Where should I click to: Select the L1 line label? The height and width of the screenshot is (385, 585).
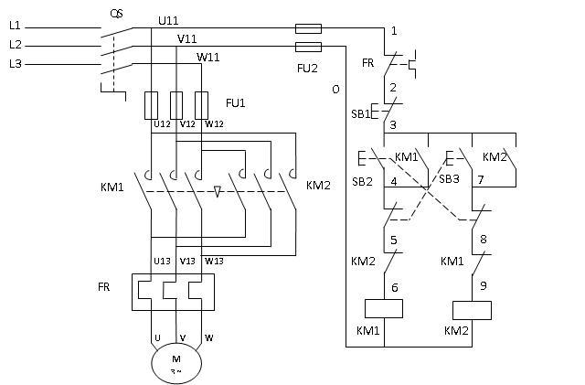pyautogui.click(x=15, y=27)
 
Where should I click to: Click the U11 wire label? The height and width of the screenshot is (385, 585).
pyautogui.click(x=168, y=19)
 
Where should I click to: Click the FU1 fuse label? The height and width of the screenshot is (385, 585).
pyautogui.click(x=237, y=102)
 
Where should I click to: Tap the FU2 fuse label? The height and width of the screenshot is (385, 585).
pyautogui.click(x=307, y=66)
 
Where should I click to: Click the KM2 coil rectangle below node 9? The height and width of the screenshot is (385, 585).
pyautogui.click(x=472, y=308)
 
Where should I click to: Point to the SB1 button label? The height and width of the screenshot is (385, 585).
pyautogui.click(x=362, y=114)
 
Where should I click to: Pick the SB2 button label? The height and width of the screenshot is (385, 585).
pyautogui.click(x=362, y=182)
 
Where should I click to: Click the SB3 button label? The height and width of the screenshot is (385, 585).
pyautogui.click(x=449, y=179)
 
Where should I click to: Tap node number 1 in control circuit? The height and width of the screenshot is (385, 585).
pyautogui.click(x=394, y=31)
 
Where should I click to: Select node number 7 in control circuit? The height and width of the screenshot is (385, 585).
pyautogui.click(x=480, y=182)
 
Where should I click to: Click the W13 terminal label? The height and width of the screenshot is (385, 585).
pyautogui.click(x=213, y=261)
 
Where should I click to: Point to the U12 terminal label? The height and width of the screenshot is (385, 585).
pyautogui.click(x=162, y=124)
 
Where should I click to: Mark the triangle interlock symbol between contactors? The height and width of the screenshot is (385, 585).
pyautogui.click(x=217, y=193)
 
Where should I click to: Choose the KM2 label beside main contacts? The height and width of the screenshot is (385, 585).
pyautogui.click(x=318, y=186)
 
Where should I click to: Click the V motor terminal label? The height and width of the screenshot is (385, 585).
pyautogui.click(x=183, y=337)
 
